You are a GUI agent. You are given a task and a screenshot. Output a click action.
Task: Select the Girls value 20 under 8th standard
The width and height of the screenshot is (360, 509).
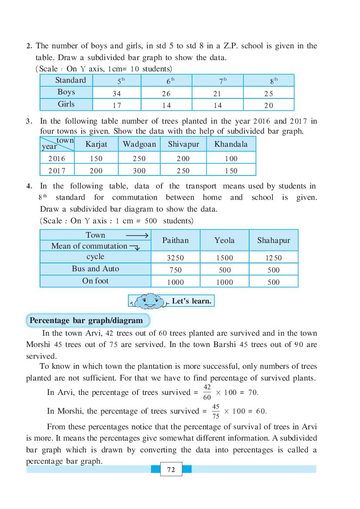269,105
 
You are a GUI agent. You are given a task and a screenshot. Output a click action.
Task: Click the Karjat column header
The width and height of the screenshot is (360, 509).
96,144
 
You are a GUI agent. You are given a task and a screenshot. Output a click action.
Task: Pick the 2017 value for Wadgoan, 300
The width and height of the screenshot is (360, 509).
139,171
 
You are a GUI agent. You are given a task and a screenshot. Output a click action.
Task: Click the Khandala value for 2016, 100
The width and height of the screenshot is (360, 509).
231,159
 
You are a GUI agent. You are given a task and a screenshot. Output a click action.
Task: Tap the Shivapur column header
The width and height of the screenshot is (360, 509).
183,144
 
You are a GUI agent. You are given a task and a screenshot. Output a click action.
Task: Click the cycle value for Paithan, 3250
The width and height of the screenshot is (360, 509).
175,258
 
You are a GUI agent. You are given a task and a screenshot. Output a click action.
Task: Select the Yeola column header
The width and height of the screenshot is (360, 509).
224,240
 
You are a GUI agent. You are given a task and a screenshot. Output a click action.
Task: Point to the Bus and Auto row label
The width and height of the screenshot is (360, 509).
95,269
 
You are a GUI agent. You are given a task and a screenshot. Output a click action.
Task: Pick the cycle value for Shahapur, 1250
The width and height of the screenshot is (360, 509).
273,258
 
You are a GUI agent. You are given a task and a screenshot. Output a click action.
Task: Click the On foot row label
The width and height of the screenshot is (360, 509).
95,281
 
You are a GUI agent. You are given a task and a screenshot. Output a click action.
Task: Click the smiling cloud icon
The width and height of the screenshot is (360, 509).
149,301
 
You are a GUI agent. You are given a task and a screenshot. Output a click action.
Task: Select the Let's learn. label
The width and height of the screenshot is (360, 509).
192,301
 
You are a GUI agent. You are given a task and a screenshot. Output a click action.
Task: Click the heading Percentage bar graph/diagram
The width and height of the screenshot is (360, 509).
86,320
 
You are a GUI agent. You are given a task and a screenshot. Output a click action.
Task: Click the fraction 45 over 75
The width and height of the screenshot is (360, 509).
215,411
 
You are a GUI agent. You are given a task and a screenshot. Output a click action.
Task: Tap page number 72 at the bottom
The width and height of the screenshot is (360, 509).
171,469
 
